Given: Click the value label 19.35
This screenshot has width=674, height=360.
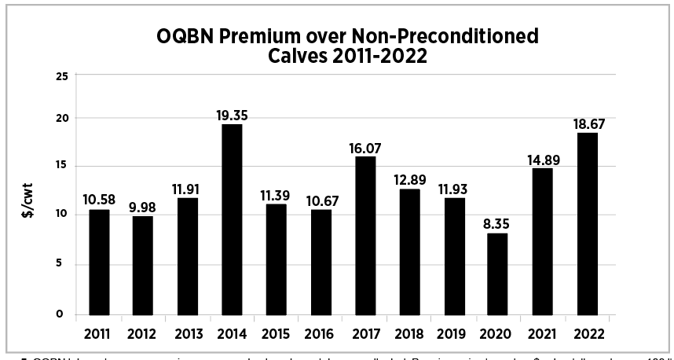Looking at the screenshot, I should pos(232,116).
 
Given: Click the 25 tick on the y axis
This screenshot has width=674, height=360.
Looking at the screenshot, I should pos(61,75).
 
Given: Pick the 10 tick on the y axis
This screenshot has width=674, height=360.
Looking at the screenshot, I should pos(61,215).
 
